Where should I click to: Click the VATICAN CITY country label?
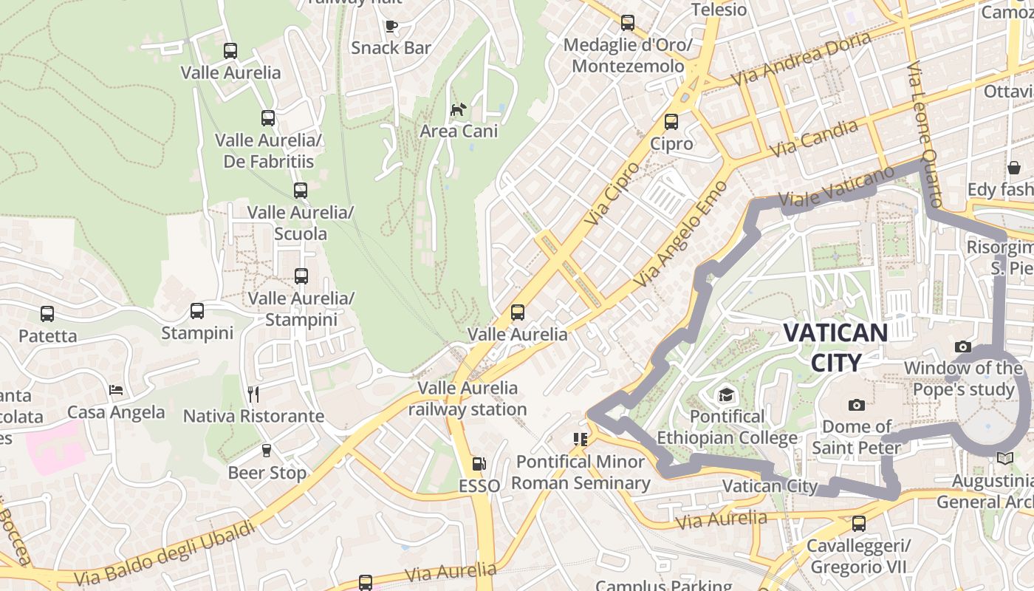point(835,347)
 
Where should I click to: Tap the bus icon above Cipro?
point(671,122)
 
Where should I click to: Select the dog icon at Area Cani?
point(459,109)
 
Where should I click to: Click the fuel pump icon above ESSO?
point(479,464)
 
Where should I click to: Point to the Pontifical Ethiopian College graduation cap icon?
point(727,394)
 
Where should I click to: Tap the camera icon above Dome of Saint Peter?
point(856,405)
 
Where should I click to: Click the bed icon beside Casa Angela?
point(116,390)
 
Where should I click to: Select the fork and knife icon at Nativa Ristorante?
point(253,394)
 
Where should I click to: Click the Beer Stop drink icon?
point(267,450)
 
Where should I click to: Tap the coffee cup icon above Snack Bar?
point(391,27)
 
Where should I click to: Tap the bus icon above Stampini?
point(196,311)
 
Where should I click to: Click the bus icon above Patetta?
point(47,314)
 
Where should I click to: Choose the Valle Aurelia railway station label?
point(468,398)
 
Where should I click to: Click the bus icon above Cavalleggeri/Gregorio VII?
point(858,524)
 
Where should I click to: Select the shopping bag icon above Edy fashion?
point(1013,168)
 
